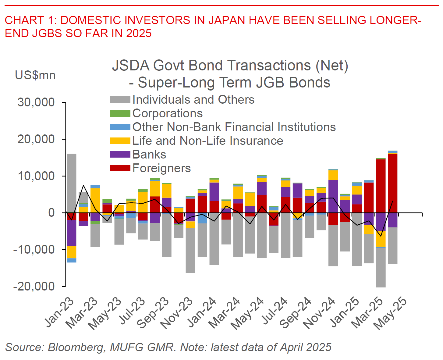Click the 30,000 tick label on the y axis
36,102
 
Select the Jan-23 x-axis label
60,312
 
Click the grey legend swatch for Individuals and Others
120,100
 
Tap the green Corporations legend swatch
120,113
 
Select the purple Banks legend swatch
120,155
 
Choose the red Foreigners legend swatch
120,168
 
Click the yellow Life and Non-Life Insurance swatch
120,141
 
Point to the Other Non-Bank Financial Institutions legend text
234,127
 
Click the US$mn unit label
35,75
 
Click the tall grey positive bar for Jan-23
72,183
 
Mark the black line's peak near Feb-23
83,185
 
